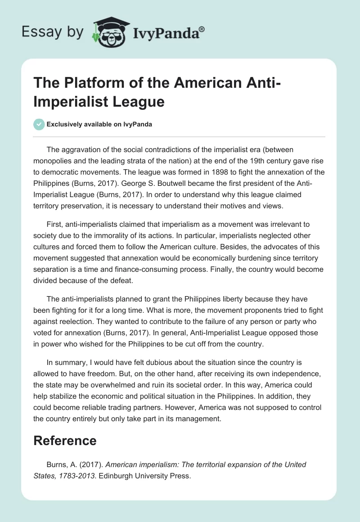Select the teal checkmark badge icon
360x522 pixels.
coord(39,124)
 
